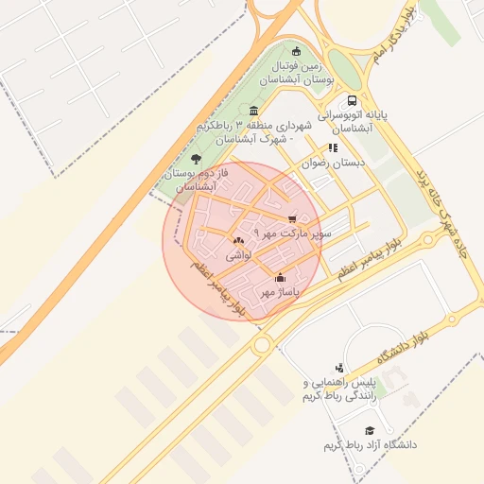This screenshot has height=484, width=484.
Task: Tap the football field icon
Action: point(298,51)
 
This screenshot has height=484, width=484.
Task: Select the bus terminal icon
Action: point(353,101)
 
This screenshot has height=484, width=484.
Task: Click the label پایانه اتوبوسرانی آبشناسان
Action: point(353,120)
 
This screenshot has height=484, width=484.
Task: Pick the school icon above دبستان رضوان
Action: point(332,147)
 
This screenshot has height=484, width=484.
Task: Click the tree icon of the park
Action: point(196,159)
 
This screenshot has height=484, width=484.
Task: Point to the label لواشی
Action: point(237,255)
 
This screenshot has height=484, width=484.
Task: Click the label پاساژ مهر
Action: point(280,292)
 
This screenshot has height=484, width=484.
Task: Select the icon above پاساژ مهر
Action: point(280,278)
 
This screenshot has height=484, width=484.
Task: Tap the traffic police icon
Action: point(339,368)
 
